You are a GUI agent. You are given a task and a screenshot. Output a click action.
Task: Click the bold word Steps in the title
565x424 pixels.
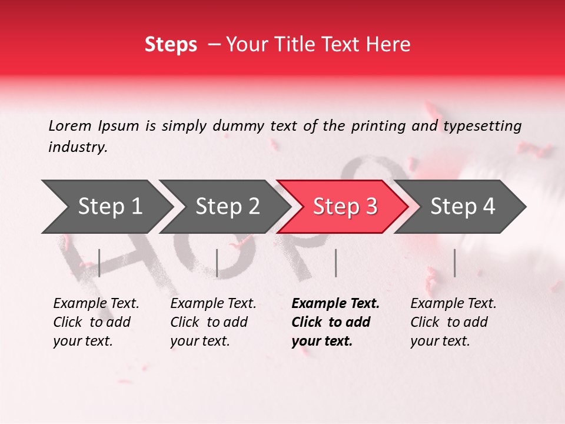point(171,44)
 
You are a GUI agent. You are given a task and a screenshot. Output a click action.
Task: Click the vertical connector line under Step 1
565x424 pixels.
point(99,263)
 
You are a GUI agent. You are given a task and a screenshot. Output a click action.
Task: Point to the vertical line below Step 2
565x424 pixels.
point(217,263)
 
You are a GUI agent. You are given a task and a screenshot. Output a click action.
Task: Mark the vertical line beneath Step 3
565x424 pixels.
point(335,263)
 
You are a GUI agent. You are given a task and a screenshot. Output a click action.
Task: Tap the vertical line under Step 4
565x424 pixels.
point(454,263)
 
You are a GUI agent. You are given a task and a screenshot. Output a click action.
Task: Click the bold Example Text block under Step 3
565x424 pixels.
point(335,322)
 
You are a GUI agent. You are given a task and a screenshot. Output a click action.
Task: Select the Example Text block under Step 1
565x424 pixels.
point(96,322)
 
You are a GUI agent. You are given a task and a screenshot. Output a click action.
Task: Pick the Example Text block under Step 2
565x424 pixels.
point(213,322)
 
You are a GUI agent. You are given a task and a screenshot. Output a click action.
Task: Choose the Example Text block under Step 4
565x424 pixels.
point(453,322)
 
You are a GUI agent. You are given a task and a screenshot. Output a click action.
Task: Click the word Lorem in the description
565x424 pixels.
point(70,125)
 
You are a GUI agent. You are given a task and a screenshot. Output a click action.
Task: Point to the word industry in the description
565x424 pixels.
point(78,147)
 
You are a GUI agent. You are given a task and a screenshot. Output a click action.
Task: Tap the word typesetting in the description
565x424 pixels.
point(482,126)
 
